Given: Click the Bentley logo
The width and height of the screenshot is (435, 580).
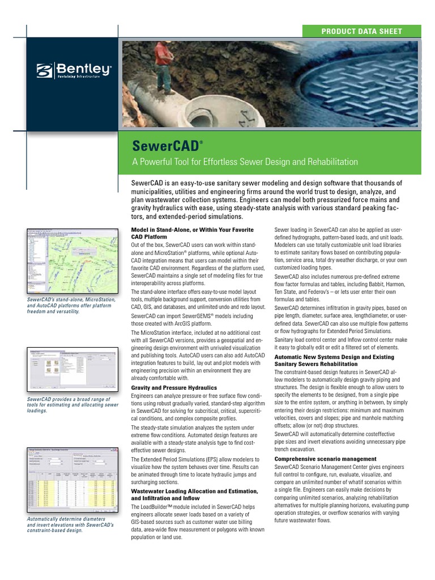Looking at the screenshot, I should coord(74,71).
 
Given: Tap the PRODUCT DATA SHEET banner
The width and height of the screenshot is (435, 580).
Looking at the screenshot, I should coord(361,32).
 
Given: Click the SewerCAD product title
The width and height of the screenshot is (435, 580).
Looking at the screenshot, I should coord(165,146).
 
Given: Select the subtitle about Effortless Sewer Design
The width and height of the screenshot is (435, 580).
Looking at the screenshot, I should coord(245,162).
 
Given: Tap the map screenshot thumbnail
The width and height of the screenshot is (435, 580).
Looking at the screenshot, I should coord(71,261).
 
